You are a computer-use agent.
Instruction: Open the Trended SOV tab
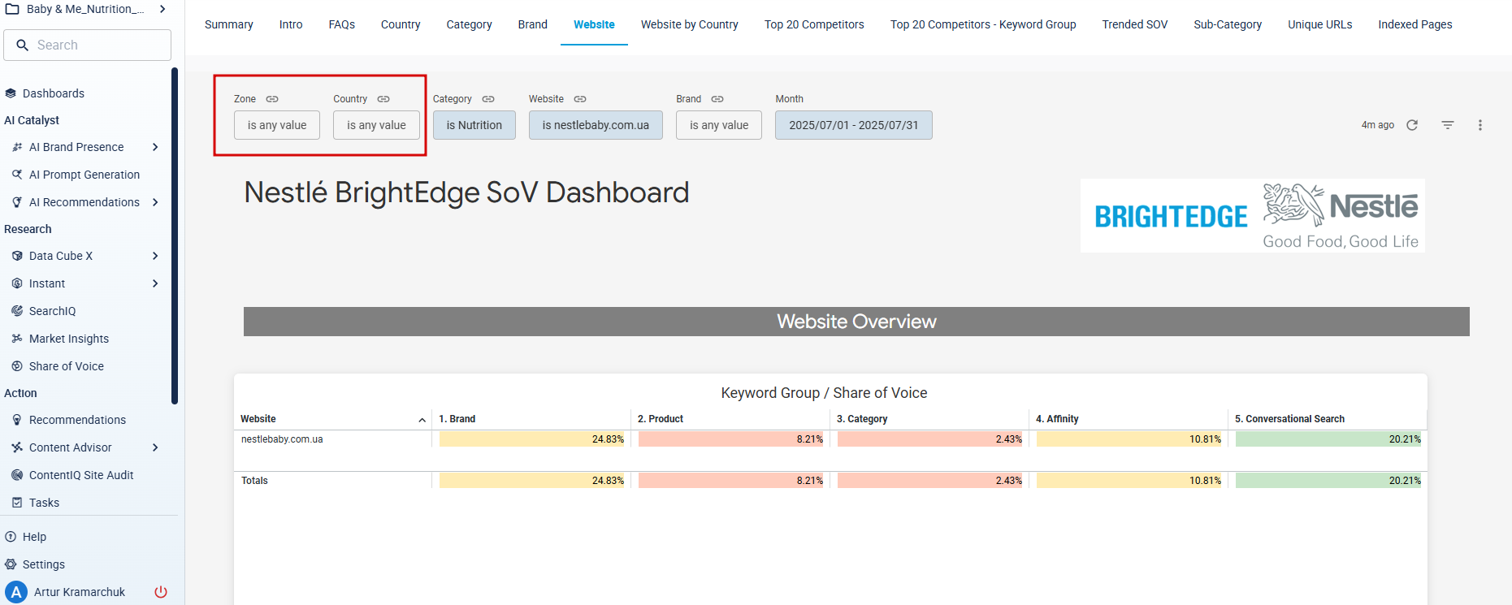(x=1134, y=24)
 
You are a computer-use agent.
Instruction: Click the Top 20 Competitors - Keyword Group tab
(x=983, y=24)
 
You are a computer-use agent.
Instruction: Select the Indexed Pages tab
(x=1415, y=24)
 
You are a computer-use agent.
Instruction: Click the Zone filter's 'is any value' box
(x=277, y=125)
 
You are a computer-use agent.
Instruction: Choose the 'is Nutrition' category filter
(x=474, y=125)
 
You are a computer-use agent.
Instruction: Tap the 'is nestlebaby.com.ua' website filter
(x=596, y=125)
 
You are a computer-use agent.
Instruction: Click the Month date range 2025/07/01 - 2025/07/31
(x=854, y=125)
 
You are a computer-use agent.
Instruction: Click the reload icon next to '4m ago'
(x=1412, y=125)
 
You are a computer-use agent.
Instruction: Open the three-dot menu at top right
(x=1480, y=125)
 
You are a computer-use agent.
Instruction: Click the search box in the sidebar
(x=88, y=45)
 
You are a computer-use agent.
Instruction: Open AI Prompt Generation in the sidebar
(x=84, y=175)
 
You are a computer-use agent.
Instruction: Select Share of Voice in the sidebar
(x=67, y=366)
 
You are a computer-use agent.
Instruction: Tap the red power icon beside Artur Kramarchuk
(x=161, y=592)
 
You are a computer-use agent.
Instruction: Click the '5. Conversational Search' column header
(x=1289, y=419)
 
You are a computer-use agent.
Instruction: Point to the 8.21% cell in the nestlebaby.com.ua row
(x=731, y=439)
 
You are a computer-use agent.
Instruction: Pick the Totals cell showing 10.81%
(x=1129, y=481)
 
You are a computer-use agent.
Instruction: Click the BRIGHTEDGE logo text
(x=1171, y=217)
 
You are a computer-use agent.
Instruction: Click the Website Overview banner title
(x=856, y=322)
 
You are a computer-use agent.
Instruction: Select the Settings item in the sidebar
(x=44, y=564)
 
